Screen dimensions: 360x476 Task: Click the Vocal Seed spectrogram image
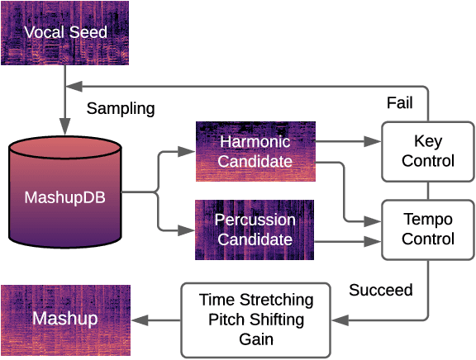[65, 33]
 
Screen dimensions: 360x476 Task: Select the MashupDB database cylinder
[65, 197]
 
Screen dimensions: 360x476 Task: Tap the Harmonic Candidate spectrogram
[255, 152]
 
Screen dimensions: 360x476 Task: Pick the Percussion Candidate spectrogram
[255, 230]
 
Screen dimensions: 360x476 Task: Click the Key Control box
[428, 151]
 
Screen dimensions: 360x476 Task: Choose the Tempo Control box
[428, 229]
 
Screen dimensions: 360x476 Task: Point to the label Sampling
[121, 108]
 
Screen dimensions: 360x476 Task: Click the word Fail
[400, 103]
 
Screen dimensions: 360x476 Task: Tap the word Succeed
[381, 291]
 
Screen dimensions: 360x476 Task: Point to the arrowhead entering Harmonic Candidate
[188, 152]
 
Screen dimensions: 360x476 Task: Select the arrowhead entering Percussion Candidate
[188, 230]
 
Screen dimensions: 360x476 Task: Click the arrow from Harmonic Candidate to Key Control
[347, 142]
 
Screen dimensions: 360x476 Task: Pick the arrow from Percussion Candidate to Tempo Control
[347, 241]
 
